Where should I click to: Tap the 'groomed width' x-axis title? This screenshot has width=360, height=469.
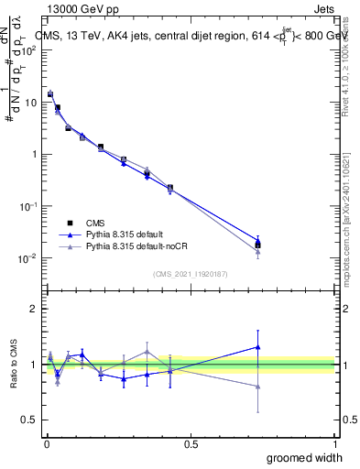pyautogui.click(x=292, y=457)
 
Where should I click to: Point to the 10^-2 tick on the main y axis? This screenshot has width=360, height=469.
pyautogui.click(x=27, y=258)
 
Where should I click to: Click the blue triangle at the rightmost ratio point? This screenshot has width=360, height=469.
pyautogui.click(x=257, y=347)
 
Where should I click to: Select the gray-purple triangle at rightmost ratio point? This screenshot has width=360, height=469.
pyautogui.click(x=257, y=387)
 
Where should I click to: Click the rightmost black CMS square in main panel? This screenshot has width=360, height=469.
pyautogui.click(x=257, y=245)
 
